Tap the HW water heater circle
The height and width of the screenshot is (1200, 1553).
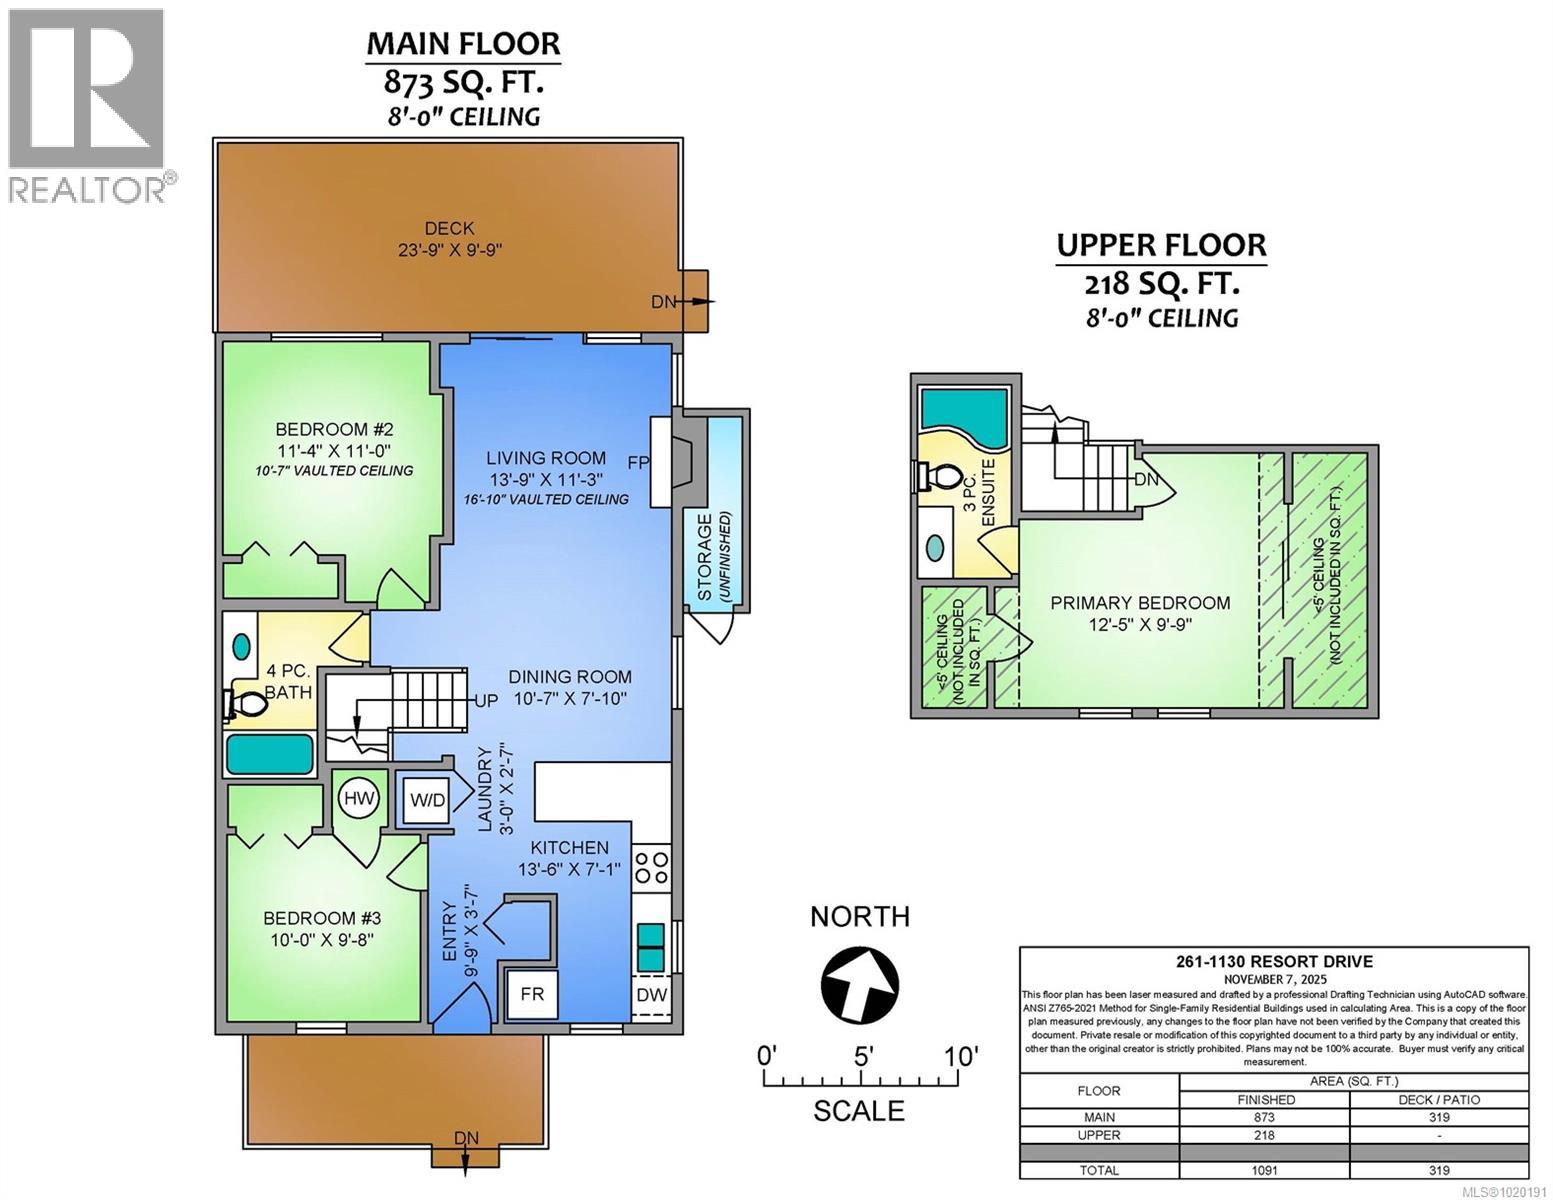click(358, 798)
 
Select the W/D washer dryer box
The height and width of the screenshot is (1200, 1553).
click(426, 799)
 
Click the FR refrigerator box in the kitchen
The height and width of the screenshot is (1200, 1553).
click(532, 995)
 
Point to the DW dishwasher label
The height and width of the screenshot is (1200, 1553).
click(652, 995)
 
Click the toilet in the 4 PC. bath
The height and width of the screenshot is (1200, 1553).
click(245, 704)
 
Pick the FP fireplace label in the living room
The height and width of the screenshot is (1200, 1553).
click(638, 463)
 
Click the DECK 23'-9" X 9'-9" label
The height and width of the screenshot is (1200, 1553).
click(448, 239)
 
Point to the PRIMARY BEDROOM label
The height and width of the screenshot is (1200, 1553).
click(1140, 603)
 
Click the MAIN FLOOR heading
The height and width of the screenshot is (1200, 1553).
click(463, 44)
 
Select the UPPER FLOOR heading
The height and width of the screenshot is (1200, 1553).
click(1161, 245)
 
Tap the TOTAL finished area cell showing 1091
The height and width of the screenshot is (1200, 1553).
click(1264, 1170)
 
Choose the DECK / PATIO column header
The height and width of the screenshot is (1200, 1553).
click(1438, 1099)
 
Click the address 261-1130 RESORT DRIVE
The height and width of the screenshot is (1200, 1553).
click(1273, 962)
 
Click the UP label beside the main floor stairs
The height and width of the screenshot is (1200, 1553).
click(486, 700)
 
